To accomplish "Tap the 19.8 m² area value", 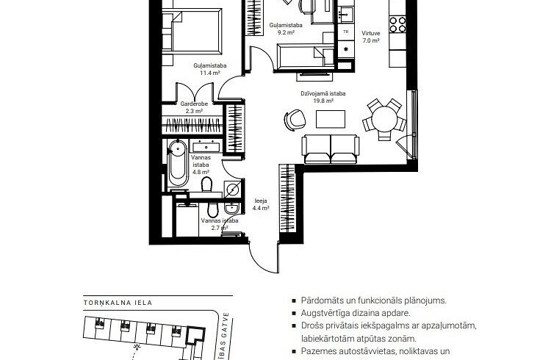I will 328,101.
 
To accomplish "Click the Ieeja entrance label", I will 260,201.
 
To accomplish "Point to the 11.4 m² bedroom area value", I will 209,73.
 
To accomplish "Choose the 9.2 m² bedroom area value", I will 286,32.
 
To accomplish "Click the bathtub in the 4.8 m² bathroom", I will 176,164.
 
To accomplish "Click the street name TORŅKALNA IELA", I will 121,300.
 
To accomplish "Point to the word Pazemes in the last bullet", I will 318,352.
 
